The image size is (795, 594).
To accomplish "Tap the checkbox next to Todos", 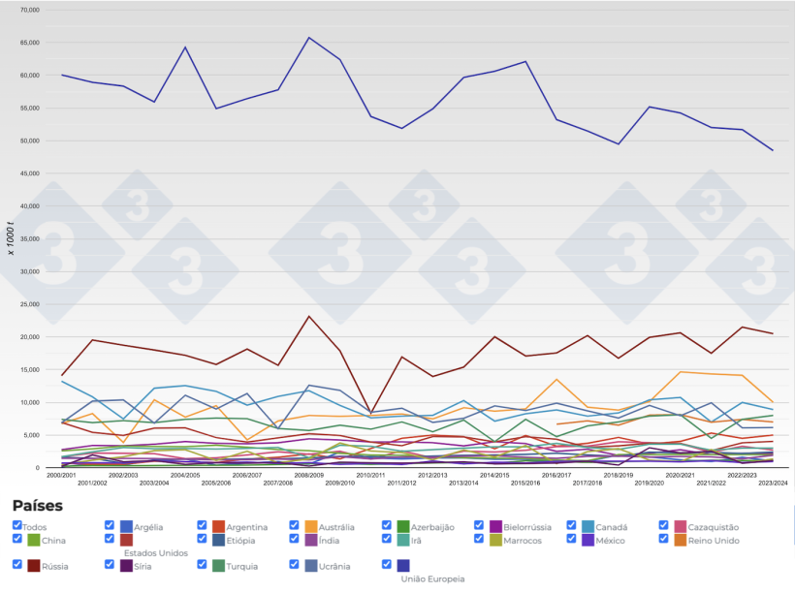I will click(17, 525).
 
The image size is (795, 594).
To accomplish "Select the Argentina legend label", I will click(246, 527).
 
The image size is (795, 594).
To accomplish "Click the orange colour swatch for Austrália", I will click(311, 526).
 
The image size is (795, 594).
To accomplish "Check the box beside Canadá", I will click(572, 525).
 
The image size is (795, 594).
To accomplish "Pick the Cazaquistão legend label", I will click(720, 527).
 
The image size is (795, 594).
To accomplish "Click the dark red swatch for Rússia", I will click(34, 566).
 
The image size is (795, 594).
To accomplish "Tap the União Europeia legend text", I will click(432, 578).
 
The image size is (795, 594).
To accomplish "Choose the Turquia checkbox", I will click(203, 564).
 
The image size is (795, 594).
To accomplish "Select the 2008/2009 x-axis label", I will click(309, 475).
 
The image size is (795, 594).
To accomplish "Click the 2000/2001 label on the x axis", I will click(61, 475).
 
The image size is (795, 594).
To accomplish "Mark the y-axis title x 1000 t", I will click(13, 236).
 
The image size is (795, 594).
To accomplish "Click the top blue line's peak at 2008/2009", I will click(309, 38).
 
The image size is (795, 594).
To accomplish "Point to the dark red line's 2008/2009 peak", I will click(309, 316).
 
